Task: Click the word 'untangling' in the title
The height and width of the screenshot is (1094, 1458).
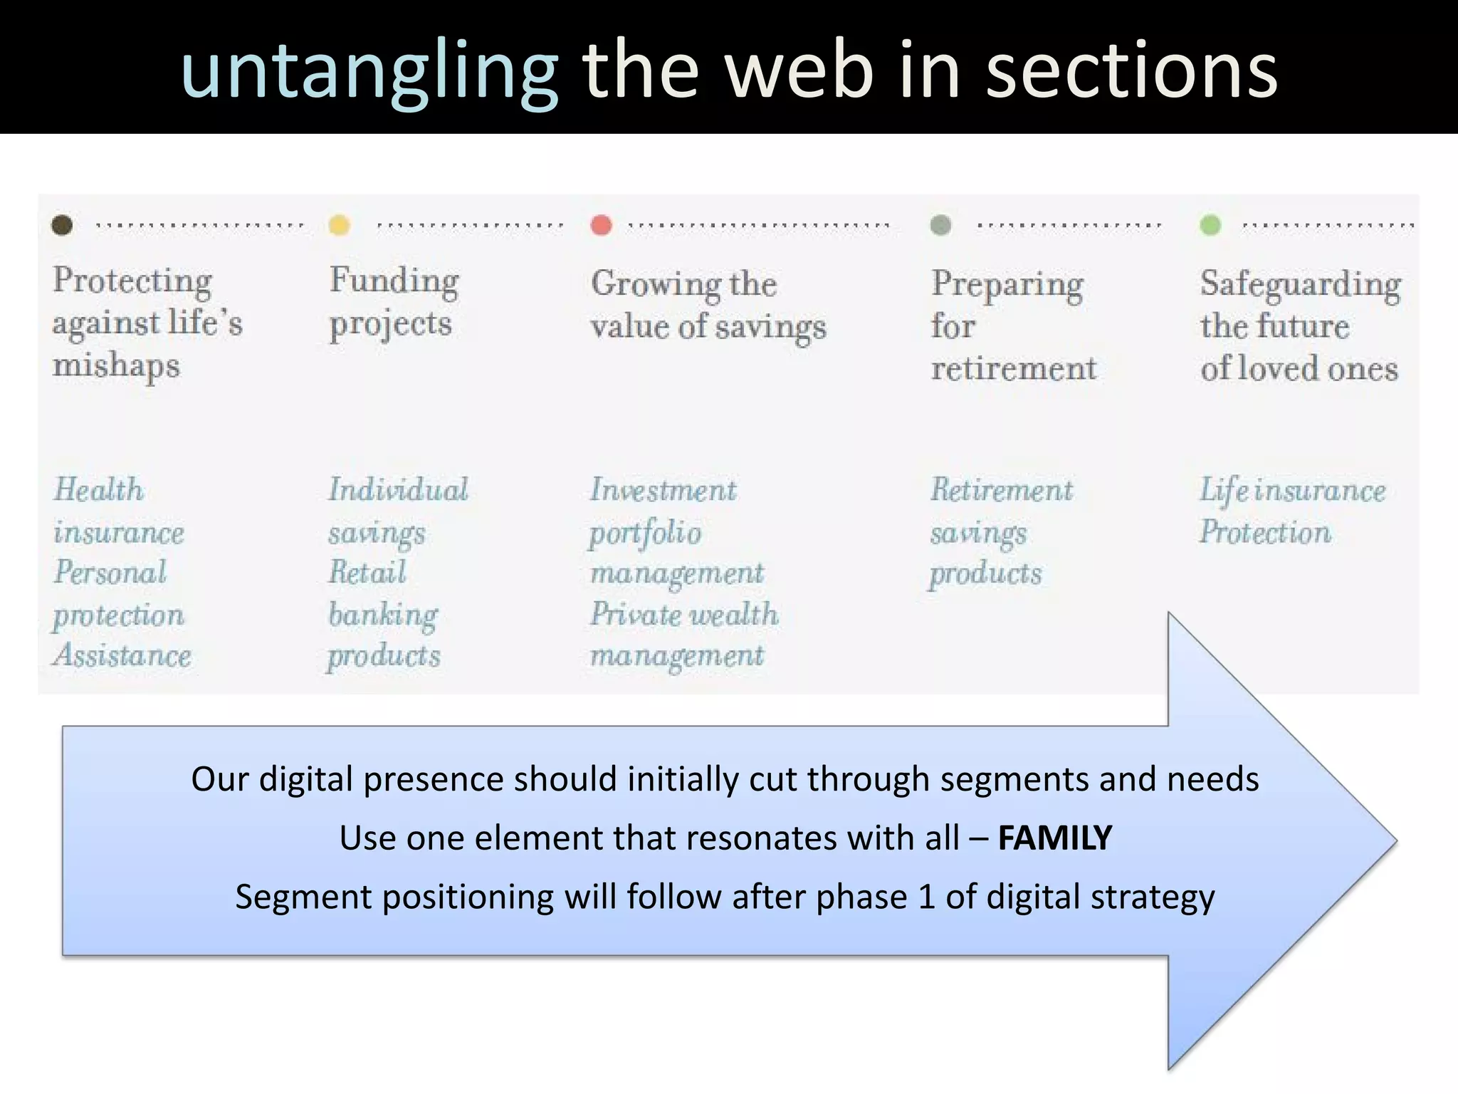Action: (x=369, y=71)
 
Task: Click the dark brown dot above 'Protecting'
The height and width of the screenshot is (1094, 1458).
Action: (x=62, y=225)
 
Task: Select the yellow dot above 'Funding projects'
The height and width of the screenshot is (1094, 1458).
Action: (x=340, y=225)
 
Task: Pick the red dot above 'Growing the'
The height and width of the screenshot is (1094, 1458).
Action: (x=602, y=225)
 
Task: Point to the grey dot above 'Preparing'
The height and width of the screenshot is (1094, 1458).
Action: (x=940, y=225)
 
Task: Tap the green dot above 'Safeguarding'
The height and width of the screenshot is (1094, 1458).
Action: (x=1210, y=225)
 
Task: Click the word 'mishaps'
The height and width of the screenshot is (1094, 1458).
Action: (x=116, y=367)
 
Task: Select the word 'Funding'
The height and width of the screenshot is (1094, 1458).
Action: (x=394, y=281)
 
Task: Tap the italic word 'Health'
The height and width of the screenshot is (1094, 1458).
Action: (x=99, y=490)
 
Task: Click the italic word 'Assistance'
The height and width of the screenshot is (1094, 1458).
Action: (x=122, y=655)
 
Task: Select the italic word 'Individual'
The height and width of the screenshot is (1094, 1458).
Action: (x=398, y=490)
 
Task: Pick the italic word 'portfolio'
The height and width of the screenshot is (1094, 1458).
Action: (x=645, y=533)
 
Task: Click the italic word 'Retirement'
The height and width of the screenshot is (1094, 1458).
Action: (x=1002, y=490)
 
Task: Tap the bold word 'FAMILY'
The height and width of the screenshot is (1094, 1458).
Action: (x=1055, y=838)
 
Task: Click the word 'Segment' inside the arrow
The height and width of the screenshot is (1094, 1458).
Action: (x=298, y=897)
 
